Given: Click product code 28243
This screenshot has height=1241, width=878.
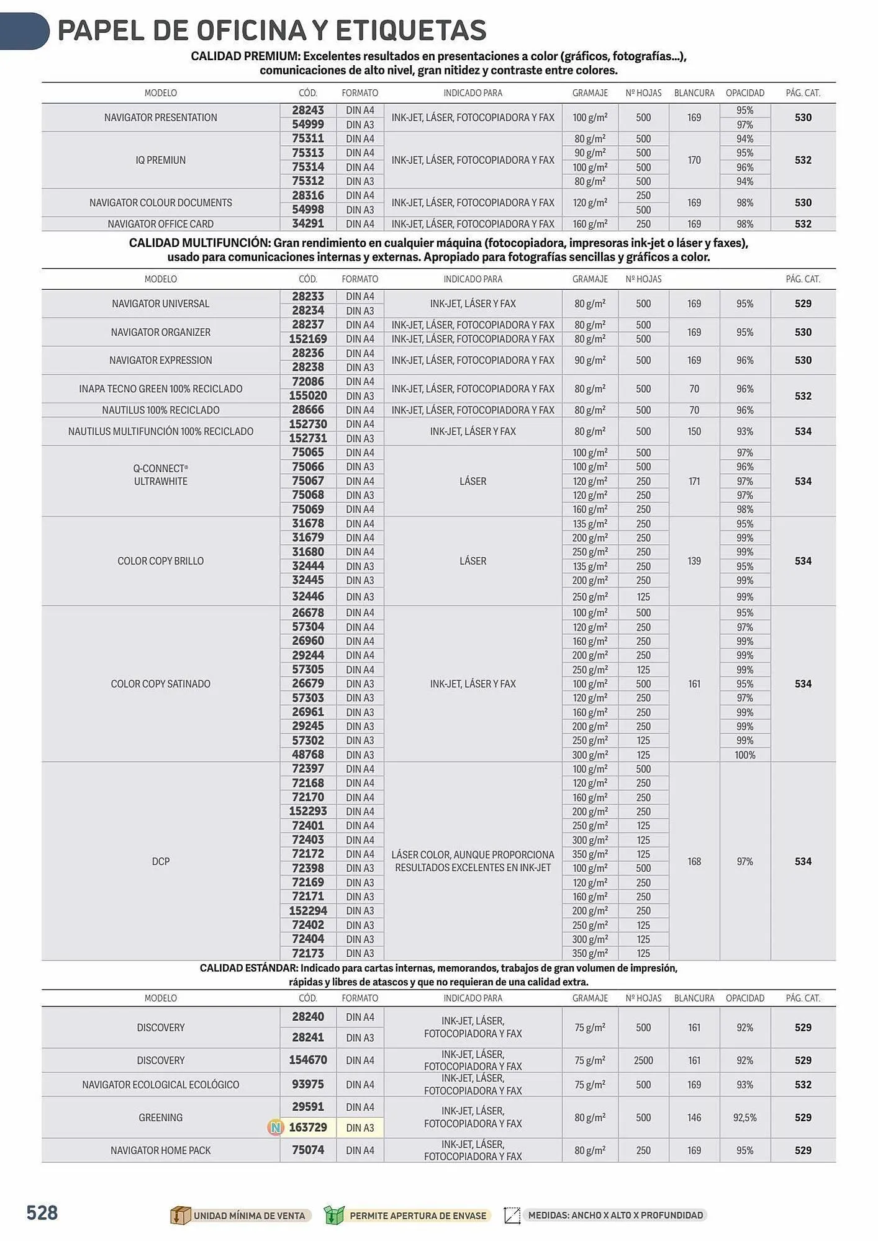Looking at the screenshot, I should click(x=308, y=110).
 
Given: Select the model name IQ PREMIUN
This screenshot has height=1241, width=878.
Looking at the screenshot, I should click(x=160, y=160).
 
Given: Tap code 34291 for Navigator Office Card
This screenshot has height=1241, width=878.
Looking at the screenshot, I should click(x=308, y=223).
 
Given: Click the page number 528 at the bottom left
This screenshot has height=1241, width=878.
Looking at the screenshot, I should click(x=42, y=1213).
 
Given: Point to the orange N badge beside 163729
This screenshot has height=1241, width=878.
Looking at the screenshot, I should click(x=275, y=1127).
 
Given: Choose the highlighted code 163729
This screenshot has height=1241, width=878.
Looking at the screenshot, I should click(x=308, y=1127).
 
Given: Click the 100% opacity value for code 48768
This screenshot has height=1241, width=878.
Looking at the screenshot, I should click(x=744, y=755).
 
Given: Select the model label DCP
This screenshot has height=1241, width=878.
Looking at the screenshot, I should click(x=160, y=861).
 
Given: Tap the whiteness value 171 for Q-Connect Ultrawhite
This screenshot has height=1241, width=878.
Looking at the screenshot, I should click(x=694, y=481).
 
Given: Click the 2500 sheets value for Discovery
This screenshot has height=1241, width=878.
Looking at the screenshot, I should click(x=643, y=1060).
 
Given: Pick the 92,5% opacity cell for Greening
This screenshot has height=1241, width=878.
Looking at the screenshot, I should click(x=744, y=1118).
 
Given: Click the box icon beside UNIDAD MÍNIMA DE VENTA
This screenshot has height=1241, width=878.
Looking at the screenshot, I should click(x=179, y=1216).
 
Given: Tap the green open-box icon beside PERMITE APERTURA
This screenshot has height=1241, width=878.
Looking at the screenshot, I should click(x=333, y=1216).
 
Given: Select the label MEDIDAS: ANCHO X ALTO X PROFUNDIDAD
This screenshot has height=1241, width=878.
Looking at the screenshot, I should click(x=615, y=1216).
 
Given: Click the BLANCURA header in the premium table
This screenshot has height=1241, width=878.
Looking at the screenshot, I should click(x=694, y=93).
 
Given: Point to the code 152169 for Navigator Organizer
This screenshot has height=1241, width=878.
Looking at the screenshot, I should click(x=308, y=339).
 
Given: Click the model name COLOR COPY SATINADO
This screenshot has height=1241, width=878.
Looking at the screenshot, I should click(x=160, y=684).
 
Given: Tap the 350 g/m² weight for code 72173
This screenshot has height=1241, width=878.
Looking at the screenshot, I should click(x=589, y=954).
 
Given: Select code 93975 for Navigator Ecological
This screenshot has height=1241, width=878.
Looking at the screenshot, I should click(x=308, y=1085).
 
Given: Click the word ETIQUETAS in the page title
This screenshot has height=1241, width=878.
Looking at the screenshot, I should click(x=411, y=30).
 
